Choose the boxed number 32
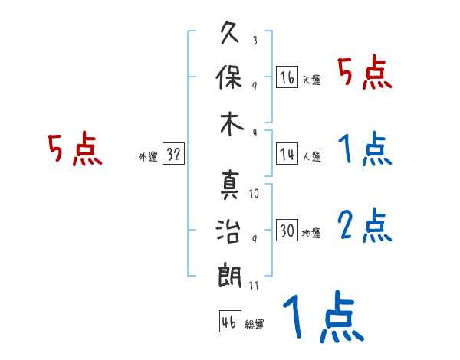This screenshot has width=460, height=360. click(x=173, y=154)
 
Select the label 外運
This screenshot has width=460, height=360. click(x=148, y=156)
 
